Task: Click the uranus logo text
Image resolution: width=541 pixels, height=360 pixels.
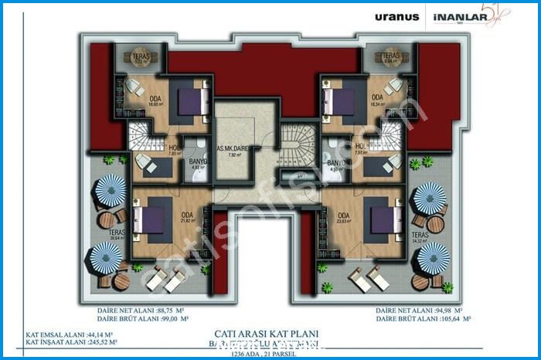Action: (x=397, y=16)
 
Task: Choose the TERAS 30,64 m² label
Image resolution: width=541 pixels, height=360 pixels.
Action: (x=117, y=235)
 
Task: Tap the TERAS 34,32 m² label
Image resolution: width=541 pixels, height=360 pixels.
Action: (x=420, y=237)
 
